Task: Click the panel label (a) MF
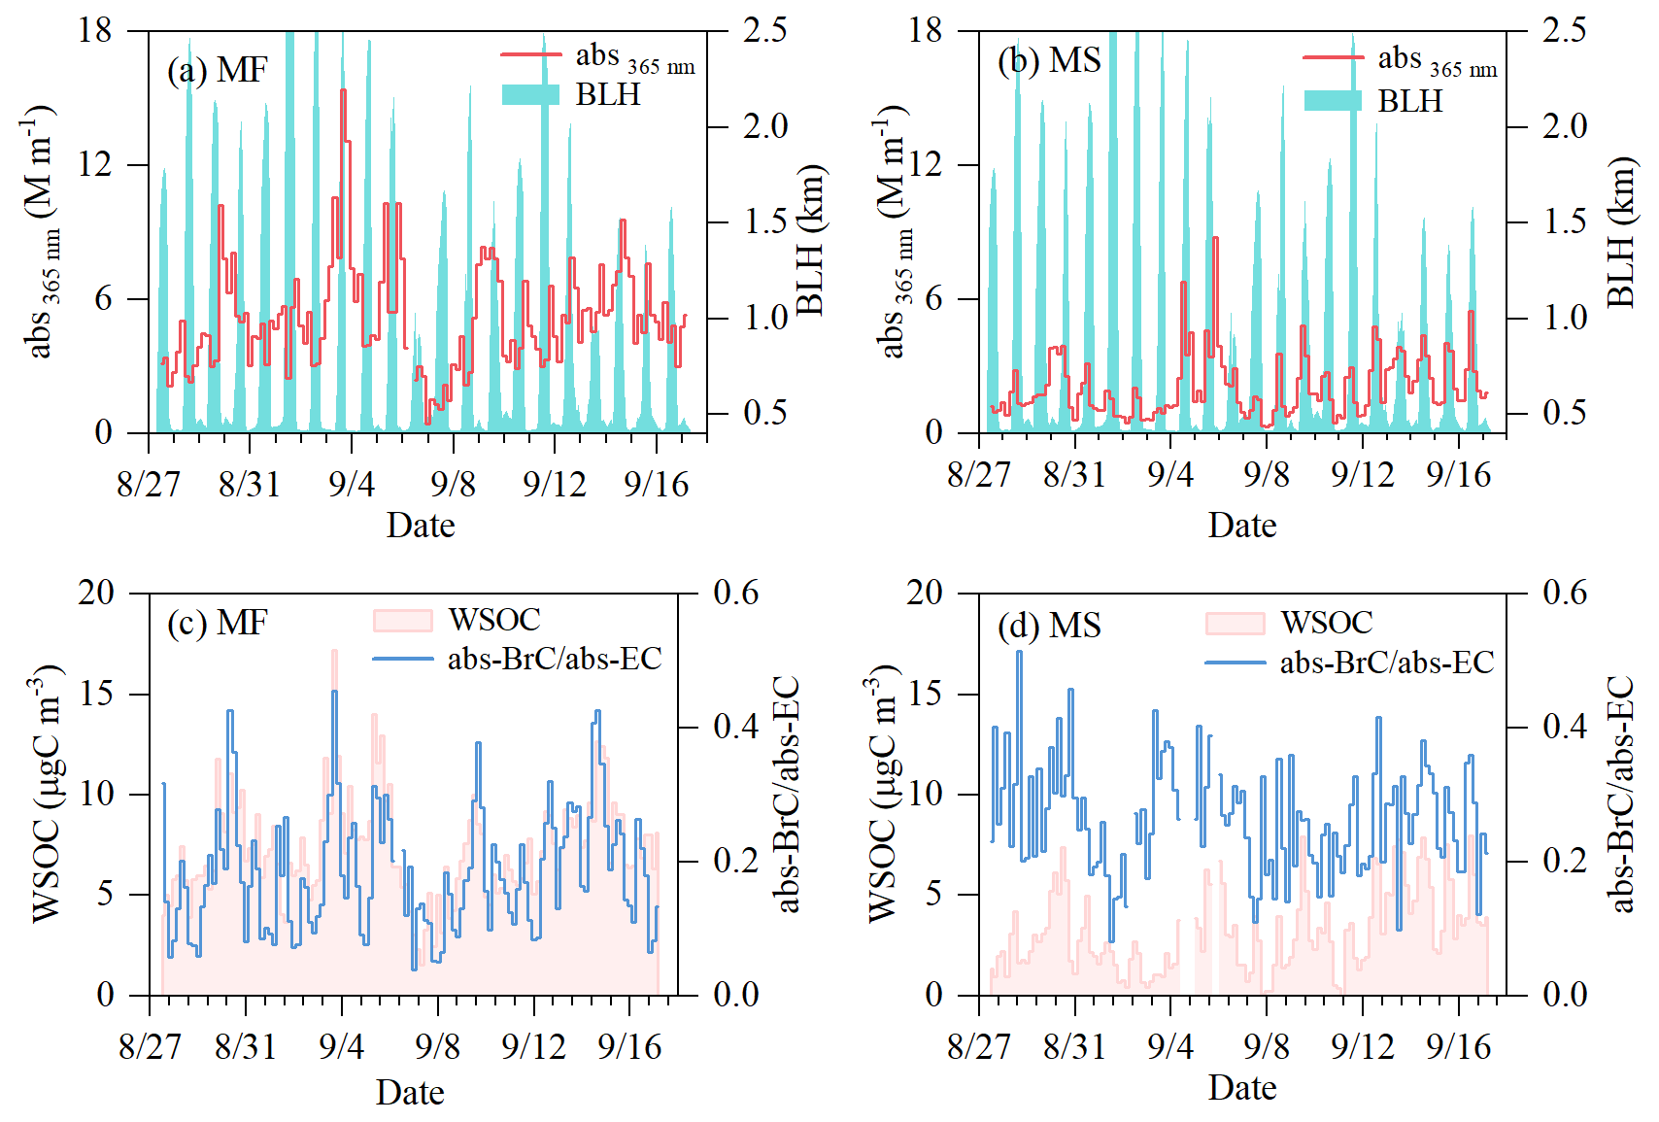click(217, 71)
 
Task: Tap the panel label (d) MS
click(1049, 625)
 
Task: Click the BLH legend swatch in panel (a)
click(530, 94)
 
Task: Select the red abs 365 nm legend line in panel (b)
click(1333, 58)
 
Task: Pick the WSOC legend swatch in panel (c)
click(402, 620)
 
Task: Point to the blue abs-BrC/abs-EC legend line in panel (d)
click(1236, 663)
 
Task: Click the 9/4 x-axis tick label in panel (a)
click(351, 483)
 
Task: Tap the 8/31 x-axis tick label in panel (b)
click(1074, 474)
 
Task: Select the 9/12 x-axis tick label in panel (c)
click(533, 1046)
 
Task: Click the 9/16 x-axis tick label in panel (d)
click(1458, 1046)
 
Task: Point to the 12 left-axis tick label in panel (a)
click(95, 164)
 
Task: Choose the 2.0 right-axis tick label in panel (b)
click(1564, 126)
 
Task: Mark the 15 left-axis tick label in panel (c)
click(96, 694)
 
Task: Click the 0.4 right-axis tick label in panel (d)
click(1564, 727)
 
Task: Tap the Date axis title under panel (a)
click(421, 525)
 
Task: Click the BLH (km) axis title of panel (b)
click(1620, 233)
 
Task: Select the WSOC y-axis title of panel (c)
click(46, 793)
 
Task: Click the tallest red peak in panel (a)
click(343, 90)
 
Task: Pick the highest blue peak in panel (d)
click(1019, 651)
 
